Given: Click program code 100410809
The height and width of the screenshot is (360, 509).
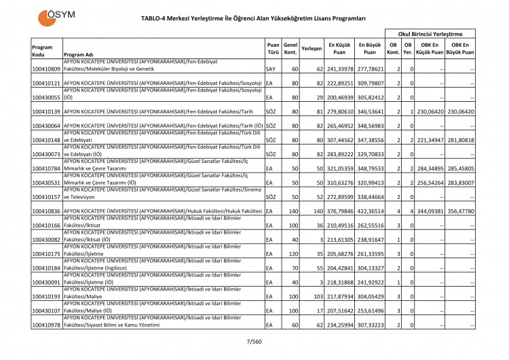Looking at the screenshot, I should point(46,69).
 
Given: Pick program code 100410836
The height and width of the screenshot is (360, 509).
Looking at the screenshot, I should point(46,211).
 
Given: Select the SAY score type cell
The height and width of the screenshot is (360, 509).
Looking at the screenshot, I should point(271,69).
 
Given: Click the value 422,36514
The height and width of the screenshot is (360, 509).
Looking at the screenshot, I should point(370,211).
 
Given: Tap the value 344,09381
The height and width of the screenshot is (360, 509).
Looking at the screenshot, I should point(430,211).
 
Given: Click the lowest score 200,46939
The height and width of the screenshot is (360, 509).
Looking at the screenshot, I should point(340,97).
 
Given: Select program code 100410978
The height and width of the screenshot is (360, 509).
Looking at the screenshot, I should point(46,325).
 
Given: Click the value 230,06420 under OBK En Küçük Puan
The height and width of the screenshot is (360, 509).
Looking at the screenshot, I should point(430,111).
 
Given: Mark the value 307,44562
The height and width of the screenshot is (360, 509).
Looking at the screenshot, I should point(340,140).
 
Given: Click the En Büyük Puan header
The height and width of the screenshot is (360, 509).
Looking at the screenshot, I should point(370,50).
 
